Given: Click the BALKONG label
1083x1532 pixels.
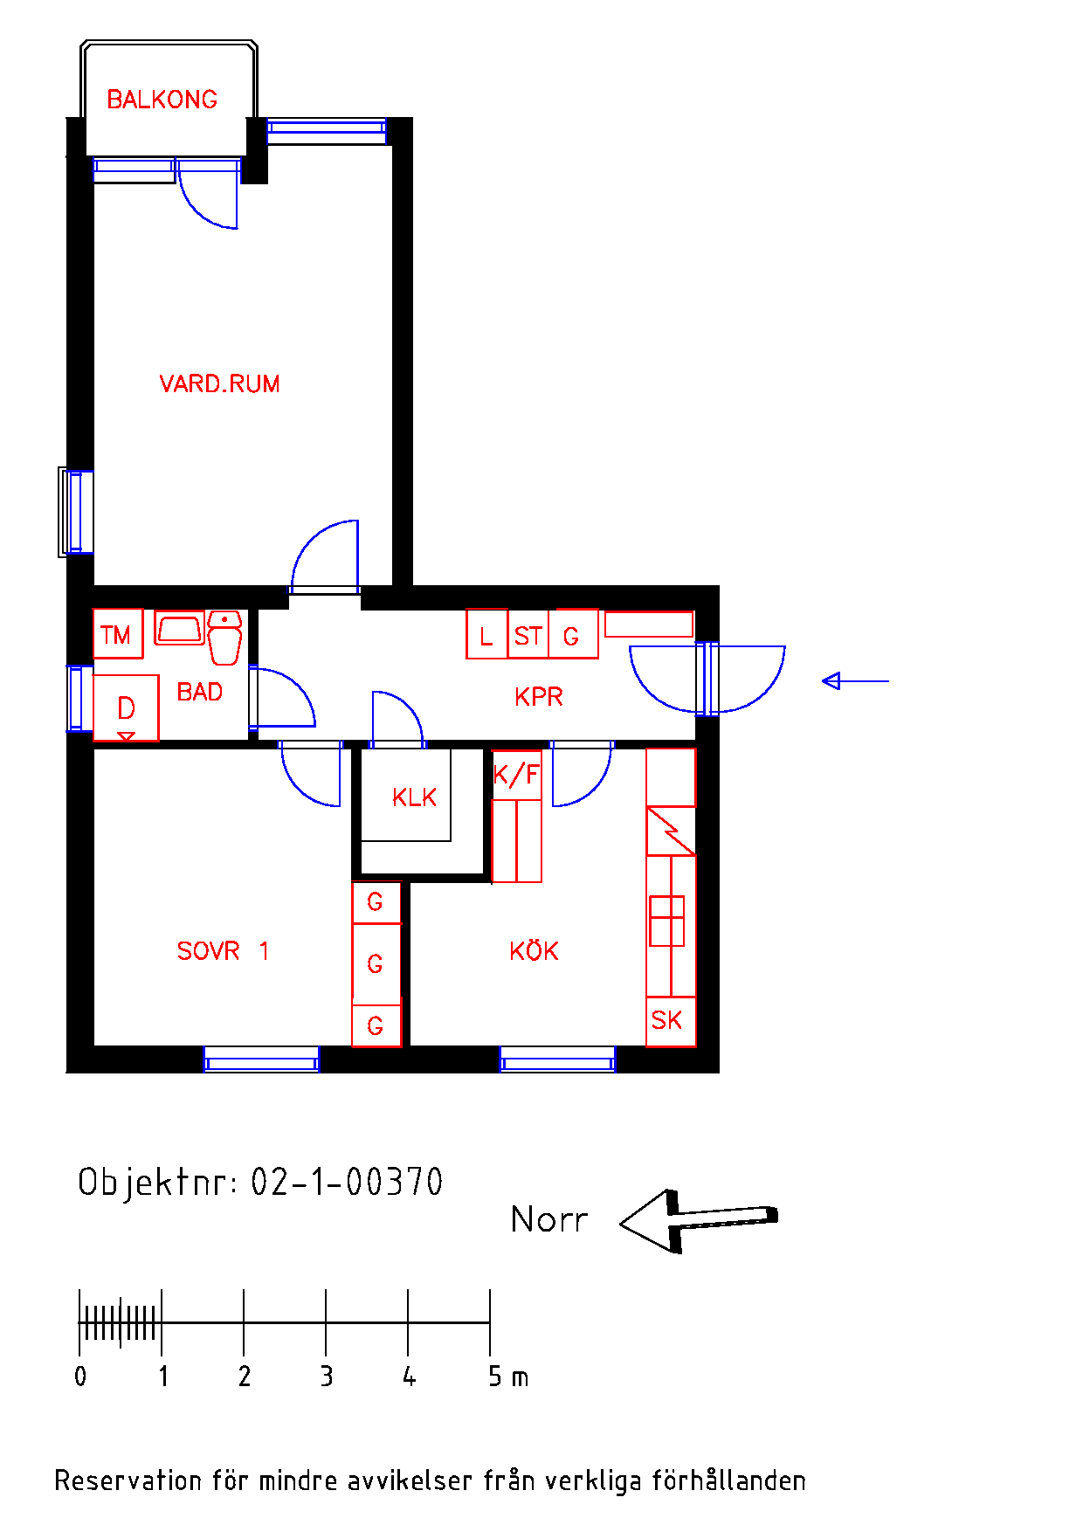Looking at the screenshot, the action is (162, 100).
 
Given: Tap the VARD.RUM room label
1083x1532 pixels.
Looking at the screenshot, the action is (219, 384).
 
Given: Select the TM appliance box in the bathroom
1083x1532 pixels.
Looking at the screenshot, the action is (118, 633).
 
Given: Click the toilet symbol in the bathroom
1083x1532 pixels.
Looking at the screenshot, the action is (224, 638).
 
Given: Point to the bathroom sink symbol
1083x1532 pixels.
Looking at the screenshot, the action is (179, 628).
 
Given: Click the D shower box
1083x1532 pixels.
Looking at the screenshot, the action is (126, 707).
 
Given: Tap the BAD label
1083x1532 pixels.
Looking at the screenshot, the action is (200, 693).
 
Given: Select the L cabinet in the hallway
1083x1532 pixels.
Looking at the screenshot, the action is (486, 634).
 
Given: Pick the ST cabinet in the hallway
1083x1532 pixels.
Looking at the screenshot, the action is (528, 634).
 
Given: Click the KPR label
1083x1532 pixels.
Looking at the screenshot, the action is (539, 697).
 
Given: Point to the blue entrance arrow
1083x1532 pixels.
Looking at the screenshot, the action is (855, 680).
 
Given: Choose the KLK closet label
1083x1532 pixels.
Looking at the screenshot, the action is (414, 797).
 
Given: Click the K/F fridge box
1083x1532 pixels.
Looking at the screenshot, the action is (516, 775).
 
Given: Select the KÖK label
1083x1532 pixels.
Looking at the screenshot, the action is (534, 950).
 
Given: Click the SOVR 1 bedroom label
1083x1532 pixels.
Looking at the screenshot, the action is (223, 951).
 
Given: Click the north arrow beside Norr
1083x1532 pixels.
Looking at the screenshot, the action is (699, 1220).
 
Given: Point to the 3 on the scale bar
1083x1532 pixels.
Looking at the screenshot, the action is (327, 1377).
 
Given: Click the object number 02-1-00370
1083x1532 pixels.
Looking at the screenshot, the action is (347, 1182).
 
